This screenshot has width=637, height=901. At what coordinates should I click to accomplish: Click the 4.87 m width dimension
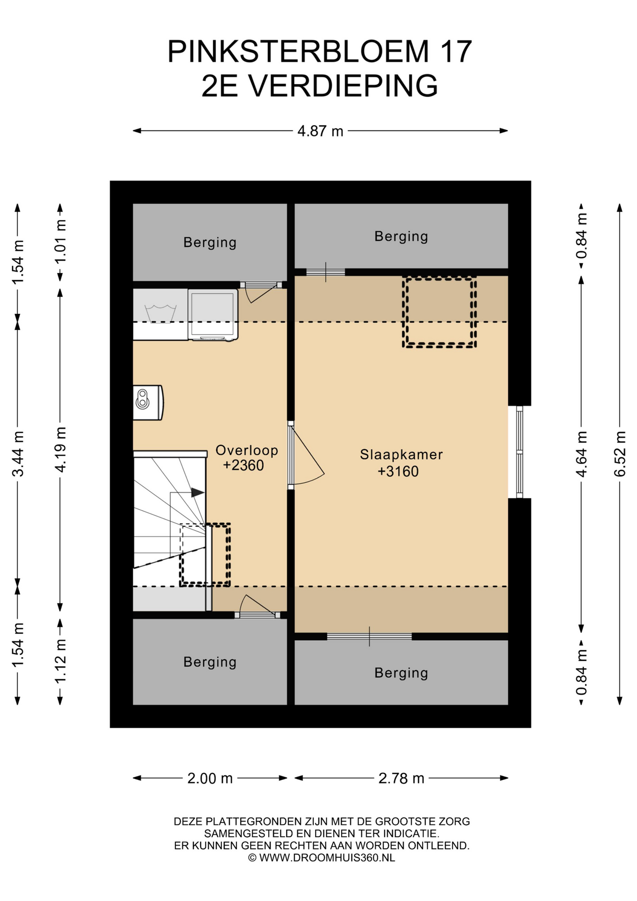click(320, 131)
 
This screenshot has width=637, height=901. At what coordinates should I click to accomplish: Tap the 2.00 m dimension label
click(210, 779)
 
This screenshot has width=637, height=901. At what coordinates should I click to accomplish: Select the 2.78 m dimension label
click(401, 779)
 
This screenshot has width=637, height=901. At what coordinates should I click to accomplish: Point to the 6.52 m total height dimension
click(620, 454)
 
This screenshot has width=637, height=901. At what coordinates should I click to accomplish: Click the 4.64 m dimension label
click(581, 454)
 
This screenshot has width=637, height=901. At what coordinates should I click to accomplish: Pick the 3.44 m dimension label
click(18, 453)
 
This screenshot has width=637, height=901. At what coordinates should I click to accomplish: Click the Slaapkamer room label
click(401, 454)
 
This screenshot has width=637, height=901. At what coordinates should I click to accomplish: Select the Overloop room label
click(247, 450)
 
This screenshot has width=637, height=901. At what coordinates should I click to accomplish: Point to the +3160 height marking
click(398, 471)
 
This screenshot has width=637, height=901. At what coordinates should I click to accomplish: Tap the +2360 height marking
click(243, 466)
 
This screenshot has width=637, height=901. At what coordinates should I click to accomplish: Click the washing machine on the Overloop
click(213, 314)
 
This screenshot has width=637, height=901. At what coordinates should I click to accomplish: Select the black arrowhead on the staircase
click(197, 493)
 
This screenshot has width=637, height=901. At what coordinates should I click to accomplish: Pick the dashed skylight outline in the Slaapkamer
click(439, 313)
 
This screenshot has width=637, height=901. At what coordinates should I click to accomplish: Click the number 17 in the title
click(456, 51)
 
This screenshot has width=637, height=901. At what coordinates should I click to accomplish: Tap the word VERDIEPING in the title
click(343, 85)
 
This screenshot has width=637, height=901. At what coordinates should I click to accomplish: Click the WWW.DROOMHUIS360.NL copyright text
click(327, 858)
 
